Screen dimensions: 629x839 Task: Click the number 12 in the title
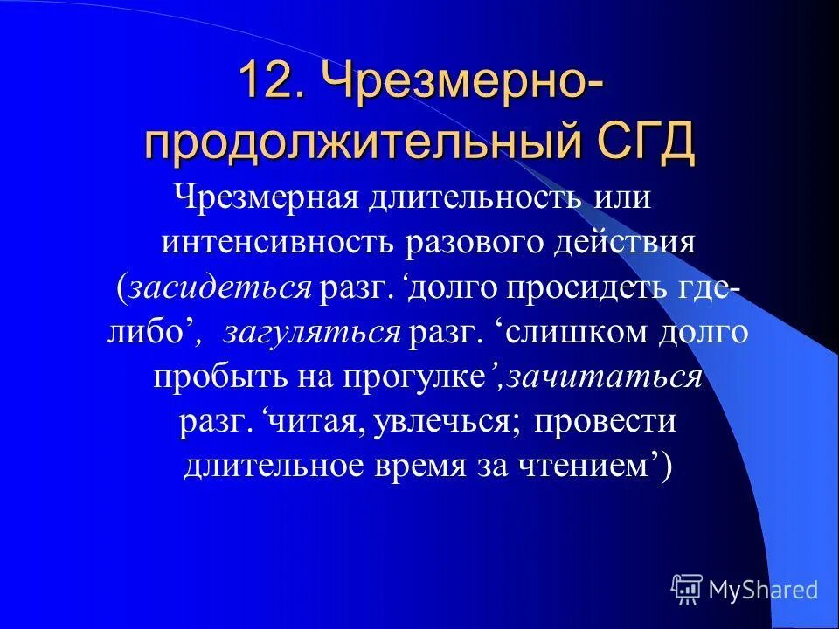coord(271,83)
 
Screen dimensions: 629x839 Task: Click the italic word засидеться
coord(219,287)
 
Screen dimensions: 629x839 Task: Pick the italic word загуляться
coord(313,333)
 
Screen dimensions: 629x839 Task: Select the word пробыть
coord(208,377)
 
